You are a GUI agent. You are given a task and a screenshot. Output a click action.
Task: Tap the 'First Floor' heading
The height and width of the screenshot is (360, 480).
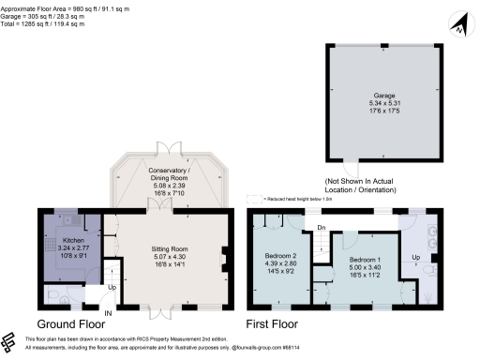pos(273,324)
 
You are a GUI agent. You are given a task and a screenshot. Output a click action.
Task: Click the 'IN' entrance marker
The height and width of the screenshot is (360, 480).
pos(108,312)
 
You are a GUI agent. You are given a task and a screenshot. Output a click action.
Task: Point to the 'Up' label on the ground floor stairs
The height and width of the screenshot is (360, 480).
pos(112,287)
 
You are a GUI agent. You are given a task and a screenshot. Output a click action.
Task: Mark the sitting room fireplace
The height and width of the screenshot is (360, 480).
pos(224,255)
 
